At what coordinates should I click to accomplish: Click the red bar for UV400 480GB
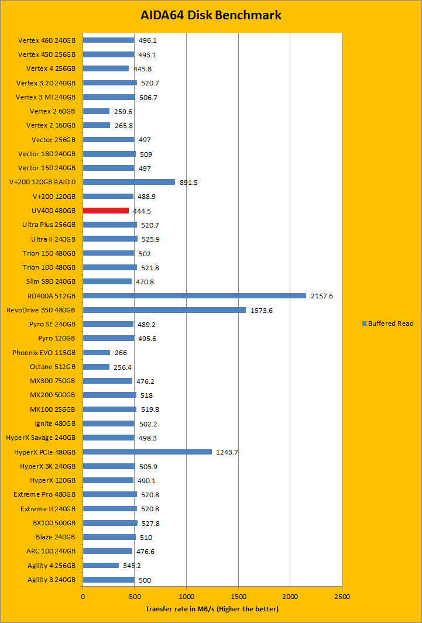point(106,211)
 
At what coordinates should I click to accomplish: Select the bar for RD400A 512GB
point(194,295)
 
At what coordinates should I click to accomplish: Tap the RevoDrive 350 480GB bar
point(164,310)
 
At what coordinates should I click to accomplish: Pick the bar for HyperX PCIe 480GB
point(147,452)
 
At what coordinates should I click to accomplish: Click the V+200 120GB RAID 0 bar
point(129,182)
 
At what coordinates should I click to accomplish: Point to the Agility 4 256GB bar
point(101,566)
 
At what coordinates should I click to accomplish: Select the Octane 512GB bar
point(96,367)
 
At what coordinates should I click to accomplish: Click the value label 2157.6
point(321,296)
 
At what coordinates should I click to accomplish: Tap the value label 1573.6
point(261,310)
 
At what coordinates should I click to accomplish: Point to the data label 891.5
point(188,183)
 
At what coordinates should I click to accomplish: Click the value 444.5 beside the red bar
point(142,211)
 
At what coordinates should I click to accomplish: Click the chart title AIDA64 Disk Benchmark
point(211,15)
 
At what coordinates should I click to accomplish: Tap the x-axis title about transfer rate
point(212,609)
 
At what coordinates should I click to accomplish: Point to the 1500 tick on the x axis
point(238,597)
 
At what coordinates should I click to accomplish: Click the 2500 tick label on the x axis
point(342,597)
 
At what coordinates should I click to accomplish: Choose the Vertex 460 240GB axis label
point(47,40)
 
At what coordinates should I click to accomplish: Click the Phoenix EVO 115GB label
point(44,353)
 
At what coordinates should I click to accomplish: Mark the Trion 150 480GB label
point(49,253)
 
